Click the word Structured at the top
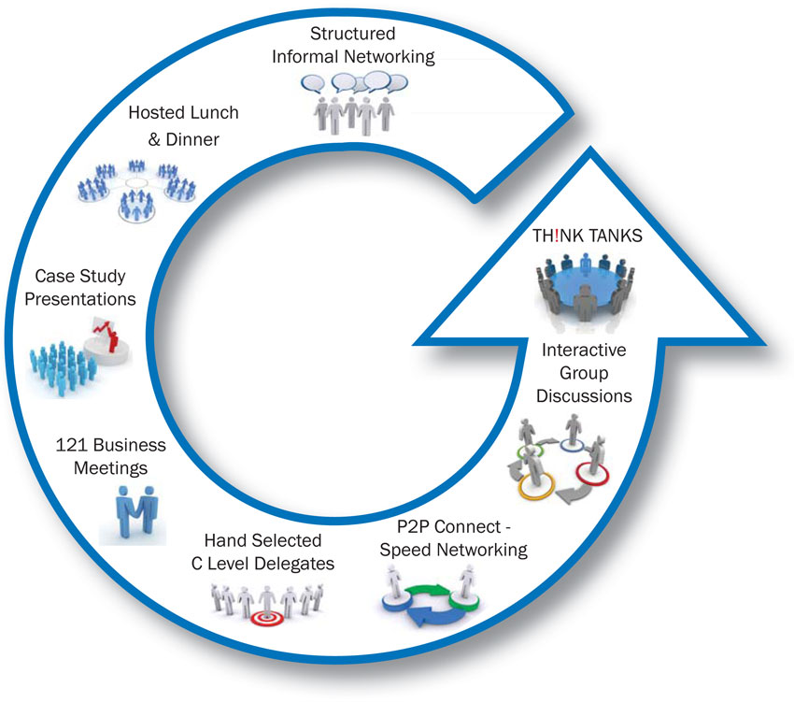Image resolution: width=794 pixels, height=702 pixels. point(353,35)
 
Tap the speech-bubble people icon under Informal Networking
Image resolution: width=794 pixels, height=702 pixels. point(351,99)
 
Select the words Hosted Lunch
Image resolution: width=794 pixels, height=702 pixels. point(183,113)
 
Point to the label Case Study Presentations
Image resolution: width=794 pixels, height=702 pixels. point(85,288)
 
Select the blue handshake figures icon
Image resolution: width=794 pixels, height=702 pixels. point(133,512)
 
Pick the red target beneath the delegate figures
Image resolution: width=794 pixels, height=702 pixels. point(264,618)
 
